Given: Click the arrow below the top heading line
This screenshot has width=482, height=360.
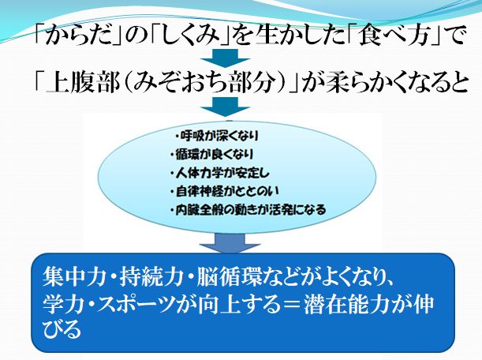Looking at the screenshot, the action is tap(225, 58).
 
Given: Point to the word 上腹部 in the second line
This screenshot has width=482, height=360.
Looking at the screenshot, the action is tap(82, 83).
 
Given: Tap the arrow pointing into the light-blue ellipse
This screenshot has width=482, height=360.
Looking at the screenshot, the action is tap(225, 107).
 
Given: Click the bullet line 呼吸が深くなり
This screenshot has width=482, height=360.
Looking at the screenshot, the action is tap(217, 136).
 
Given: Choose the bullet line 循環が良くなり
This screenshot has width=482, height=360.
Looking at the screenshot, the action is tap(211, 154).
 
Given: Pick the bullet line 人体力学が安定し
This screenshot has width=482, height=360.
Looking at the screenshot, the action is tap(220, 173).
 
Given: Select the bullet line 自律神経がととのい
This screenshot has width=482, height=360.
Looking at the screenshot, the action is tap(225, 191).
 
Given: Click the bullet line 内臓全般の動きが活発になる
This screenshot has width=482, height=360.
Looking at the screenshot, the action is tap(248, 210).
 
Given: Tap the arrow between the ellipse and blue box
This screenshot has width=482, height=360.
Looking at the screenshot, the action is tap(230, 243).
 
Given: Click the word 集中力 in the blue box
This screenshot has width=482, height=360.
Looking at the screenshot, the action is tap(73, 276).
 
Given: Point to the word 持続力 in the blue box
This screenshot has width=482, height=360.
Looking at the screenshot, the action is tap(151, 276).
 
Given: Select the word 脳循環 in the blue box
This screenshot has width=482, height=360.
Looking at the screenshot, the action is tap(229, 276).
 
